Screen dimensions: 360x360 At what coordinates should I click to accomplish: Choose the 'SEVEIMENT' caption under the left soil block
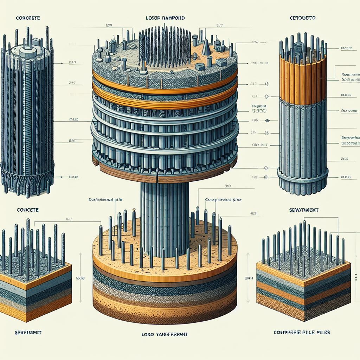(x=28, y=332)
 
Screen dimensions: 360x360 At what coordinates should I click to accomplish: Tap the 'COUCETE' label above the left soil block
(x=28, y=210)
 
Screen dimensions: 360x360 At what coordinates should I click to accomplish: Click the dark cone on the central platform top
(x=206, y=47)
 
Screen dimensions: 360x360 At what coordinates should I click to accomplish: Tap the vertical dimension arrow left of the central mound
(x=81, y=278)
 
